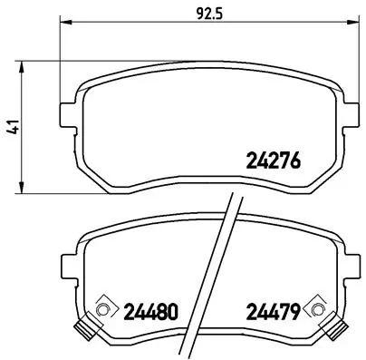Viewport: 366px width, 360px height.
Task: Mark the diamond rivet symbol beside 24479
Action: pos(315,310)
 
